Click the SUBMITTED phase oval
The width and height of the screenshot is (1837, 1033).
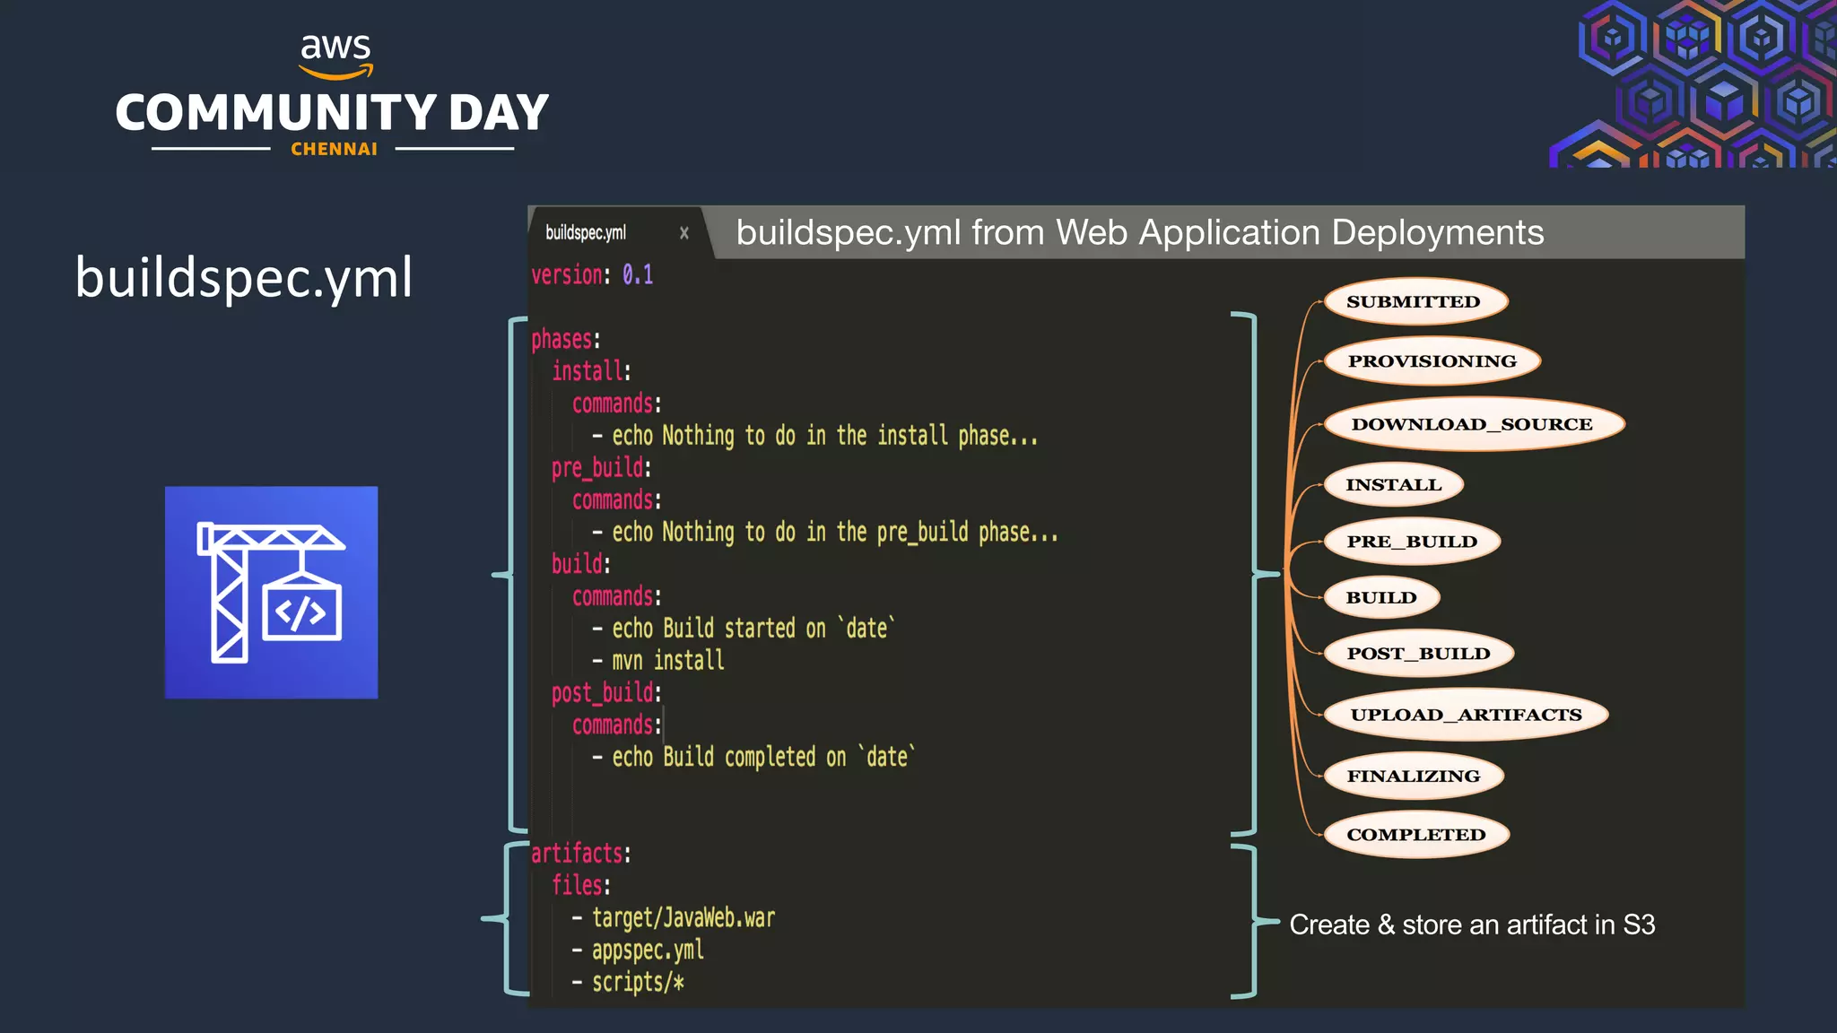click(x=1415, y=301)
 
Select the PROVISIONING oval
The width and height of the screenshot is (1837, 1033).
click(x=1432, y=361)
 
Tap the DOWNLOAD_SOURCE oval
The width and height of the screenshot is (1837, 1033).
click(x=1473, y=424)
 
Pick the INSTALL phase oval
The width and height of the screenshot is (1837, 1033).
click(x=1393, y=485)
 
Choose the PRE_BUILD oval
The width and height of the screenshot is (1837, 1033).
click(x=1412, y=542)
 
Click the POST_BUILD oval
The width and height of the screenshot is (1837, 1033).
click(x=1418, y=654)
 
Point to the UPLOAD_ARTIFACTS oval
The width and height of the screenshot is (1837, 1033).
click(x=1466, y=715)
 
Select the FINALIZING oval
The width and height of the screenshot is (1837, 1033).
click(x=1413, y=776)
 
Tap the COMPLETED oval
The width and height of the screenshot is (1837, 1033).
click(x=1415, y=835)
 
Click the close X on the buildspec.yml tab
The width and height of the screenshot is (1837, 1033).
click(x=684, y=233)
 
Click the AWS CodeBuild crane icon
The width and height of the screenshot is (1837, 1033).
click(x=271, y=593)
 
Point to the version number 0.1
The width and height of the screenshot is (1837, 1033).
click(x=638, y=274)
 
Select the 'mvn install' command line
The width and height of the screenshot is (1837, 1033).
click(x=667, y=661)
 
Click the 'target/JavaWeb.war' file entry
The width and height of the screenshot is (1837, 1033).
click(x=683, y=918)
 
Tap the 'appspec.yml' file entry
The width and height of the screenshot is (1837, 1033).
click(x=648, y=951)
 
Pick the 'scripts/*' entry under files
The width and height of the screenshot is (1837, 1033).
click(x=638, y=983)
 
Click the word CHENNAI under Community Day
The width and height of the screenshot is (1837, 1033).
click(x=334, y=150)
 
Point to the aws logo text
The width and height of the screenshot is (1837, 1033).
click(x=335, y=47)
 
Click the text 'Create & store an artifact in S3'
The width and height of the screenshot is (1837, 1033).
click(x=1472, y=924)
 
